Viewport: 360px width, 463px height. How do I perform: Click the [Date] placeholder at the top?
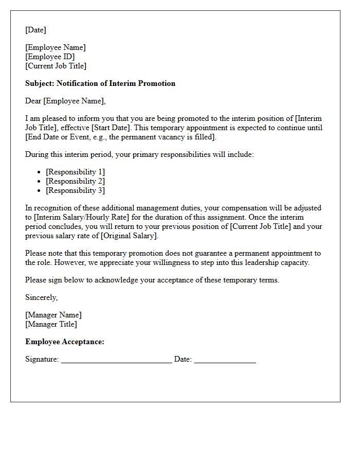[x=35, y=30]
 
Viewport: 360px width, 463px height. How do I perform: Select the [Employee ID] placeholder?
[x=50, y=57]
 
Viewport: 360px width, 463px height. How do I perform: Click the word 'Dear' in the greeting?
[x=33, y=101]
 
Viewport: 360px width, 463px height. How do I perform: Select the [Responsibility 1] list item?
[x=75, y=172]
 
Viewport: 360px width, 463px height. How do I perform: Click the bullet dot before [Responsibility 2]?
[x=39, y=182]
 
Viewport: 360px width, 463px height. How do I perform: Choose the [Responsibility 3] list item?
[x=75, y=190]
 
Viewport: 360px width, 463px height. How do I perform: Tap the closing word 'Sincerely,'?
[x=42, y=297]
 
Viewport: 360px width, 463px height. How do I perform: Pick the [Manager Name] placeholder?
[x=53, y=315]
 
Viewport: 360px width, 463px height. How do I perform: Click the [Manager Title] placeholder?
[x=51, y=324]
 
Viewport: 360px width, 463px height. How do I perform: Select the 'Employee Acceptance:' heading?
[x=65, y=342]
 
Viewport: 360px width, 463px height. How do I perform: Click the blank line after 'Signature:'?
[x=116, y=360]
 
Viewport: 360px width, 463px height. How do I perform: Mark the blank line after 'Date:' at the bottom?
[x=225, y=360]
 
